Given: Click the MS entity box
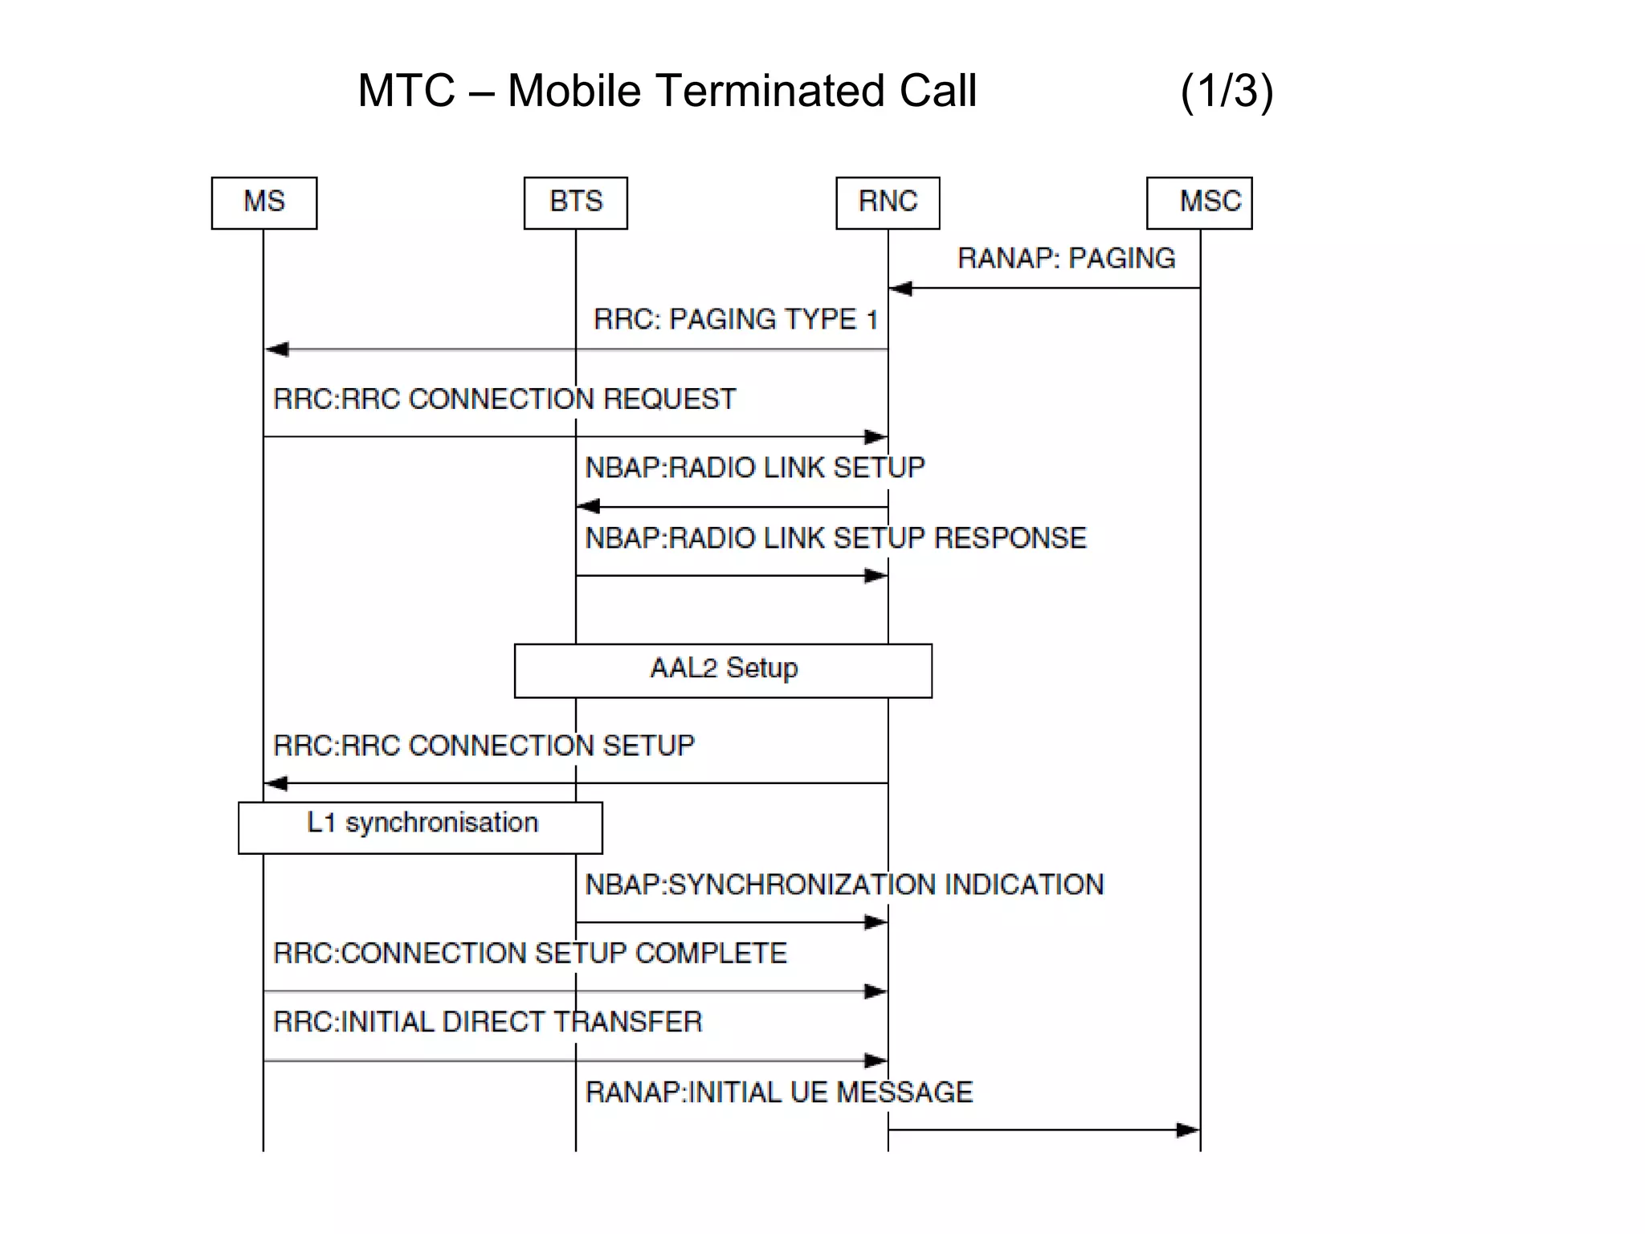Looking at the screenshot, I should point(263,202).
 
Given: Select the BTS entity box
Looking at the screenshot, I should point(575,202).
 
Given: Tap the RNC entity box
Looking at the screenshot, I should point(888,202).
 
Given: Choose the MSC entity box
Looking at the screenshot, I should point(1199,202).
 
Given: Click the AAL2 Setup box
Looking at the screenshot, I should point(723,670).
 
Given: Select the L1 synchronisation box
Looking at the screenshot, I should point(420,827).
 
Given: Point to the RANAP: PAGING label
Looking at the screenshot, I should point(1066,259).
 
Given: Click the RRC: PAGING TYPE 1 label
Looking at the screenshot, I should point(735,320).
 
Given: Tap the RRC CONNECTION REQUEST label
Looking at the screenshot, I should point(504,399).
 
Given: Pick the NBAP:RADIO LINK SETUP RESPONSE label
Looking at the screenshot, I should point(835,538).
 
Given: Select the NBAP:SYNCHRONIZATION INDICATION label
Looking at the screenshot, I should point(844,885).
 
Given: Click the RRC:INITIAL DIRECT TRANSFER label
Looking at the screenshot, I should point(488,1022).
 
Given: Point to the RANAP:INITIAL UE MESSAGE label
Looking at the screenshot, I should point(778,1093).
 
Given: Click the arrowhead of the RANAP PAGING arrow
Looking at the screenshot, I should point(900,288).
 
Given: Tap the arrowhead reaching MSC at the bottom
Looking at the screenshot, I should point(1188,1130).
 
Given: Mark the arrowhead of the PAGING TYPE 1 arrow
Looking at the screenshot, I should point(277,349).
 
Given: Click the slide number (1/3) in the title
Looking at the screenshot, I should point(1227,91).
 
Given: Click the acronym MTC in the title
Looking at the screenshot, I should point(406,91).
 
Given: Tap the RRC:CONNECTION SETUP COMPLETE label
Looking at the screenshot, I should point(530,954).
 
